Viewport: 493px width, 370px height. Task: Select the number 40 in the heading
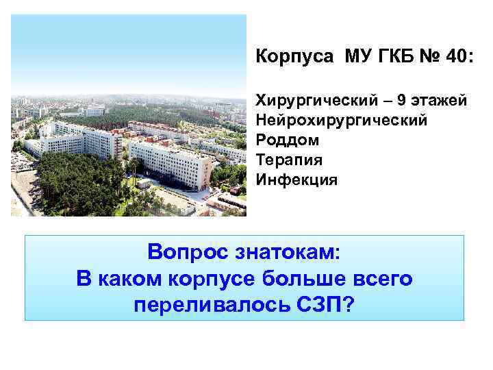pos(457,56)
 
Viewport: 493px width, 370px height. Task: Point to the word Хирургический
pos(316,101)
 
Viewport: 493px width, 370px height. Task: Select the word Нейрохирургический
pos(341,121)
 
